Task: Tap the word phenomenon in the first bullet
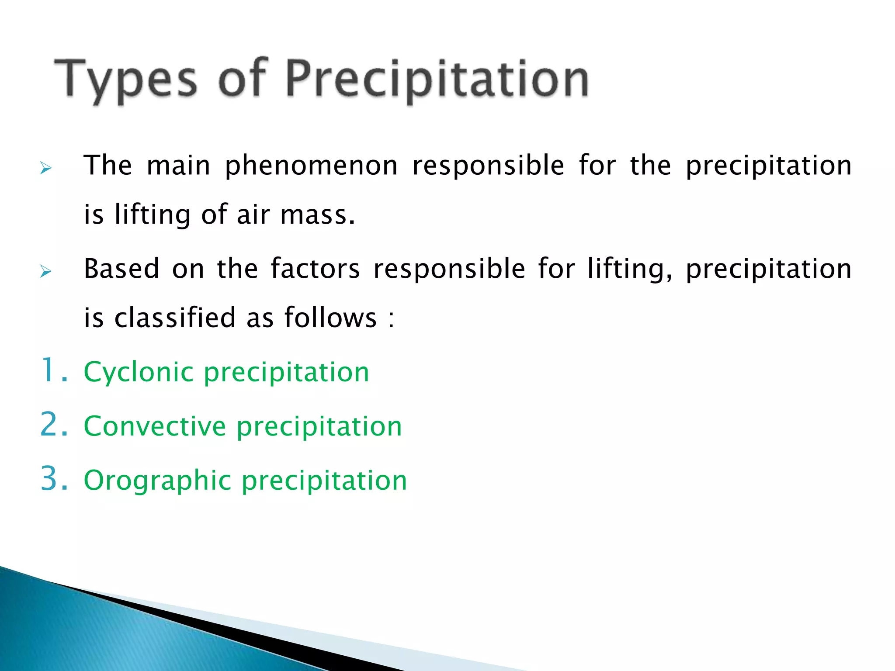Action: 311,166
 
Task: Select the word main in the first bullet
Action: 178,166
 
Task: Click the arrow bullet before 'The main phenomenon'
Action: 45,168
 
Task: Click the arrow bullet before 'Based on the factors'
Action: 45,271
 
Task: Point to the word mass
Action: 317,215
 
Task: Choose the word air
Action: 253,215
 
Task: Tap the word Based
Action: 121,269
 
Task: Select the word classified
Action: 175,318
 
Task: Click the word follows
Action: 330,318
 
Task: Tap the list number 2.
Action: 53,425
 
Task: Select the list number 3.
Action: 53,479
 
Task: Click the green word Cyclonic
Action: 139,372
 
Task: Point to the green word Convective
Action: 155,426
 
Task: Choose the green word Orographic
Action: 157,481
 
